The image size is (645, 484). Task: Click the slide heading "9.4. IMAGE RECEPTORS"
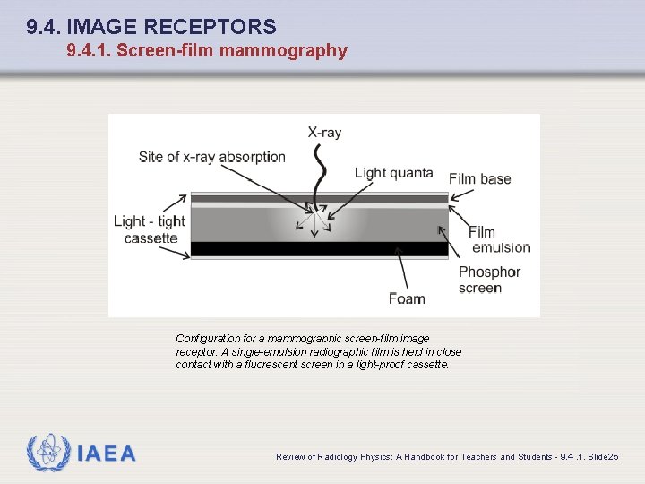(x=151, y=28)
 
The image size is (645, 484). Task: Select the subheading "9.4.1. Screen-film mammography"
(x=207, y=51)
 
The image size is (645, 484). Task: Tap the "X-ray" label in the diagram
(x=324, y=133)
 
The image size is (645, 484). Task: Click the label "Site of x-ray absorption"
(x=212, y=157)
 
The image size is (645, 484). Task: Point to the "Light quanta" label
(x=393, y=173)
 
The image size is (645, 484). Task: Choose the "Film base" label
(x=480, y=178)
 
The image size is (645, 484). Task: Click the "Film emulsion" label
(x=499, y=240)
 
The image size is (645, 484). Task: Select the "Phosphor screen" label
(x=489, y=280)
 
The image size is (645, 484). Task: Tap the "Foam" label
(x=407, y=298)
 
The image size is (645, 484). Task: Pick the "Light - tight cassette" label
(x=150, y=229)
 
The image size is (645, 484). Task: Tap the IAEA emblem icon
(x=47, y=454)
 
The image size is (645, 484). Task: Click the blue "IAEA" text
(x=107, y=454)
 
